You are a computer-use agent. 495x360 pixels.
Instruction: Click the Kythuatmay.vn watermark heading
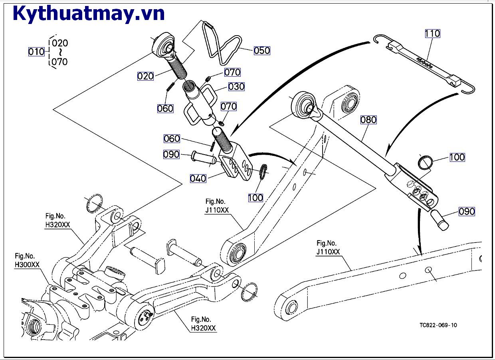[89, 14]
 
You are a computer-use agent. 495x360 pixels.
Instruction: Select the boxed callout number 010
[36, 52]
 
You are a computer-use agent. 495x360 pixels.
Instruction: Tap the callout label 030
[236, 87]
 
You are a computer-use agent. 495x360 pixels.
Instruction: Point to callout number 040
[198, 178]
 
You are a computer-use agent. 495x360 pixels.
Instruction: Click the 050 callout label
[262, 51]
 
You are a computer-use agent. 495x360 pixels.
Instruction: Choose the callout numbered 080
[368, 119]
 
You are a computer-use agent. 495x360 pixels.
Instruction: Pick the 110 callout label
[432, 34]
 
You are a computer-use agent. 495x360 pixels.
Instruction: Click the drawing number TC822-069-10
[438, 325]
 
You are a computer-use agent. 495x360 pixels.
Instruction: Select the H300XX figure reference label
[26, 265]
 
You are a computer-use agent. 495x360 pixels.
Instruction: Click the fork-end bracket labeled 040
[237, 164]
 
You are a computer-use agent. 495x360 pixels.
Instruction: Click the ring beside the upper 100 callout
[426, 162]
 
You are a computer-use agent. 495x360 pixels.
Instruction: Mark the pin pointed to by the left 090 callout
[204, 157]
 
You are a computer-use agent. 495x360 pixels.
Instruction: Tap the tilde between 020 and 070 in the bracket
[60, 52]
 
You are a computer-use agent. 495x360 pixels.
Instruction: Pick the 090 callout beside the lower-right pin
[467, 211]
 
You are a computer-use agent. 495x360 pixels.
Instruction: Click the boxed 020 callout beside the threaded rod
[145, 76]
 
